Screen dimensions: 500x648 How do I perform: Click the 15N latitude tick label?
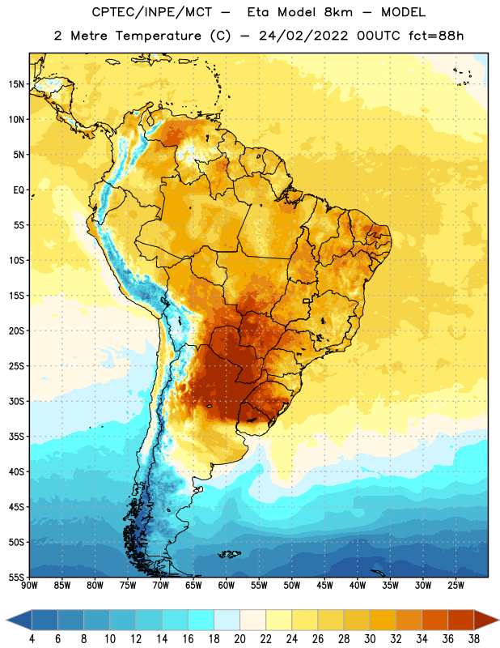pos(16,84)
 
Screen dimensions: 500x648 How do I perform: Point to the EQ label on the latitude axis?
pos(19,190)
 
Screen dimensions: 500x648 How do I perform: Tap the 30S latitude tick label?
pos(16,401)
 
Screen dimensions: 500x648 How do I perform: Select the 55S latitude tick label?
pos(16,578)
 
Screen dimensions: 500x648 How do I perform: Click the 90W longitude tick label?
pos(29,586)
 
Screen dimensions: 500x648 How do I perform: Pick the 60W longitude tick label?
pos(227,586)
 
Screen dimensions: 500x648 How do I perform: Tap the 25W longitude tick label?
pos(456,586)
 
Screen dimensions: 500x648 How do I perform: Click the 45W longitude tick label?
pos(324,586)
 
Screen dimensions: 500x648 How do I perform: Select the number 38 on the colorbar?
pos(474,639)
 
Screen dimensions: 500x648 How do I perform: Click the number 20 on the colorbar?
pos(239,639)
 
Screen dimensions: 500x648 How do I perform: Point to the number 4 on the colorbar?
pos(32,639)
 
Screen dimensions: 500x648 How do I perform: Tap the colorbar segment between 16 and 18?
pos(201,620)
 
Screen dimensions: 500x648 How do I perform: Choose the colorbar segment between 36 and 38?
pos(461,620)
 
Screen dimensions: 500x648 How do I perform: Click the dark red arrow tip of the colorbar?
pos(498,620)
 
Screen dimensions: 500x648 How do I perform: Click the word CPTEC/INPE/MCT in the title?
pos(152,12)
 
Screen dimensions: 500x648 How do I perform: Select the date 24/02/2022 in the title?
pos(303,36)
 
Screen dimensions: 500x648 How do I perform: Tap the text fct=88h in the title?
pos(436,36)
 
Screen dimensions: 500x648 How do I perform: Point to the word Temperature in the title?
pos(159,36)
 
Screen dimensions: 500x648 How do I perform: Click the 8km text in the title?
pos(337,12)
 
